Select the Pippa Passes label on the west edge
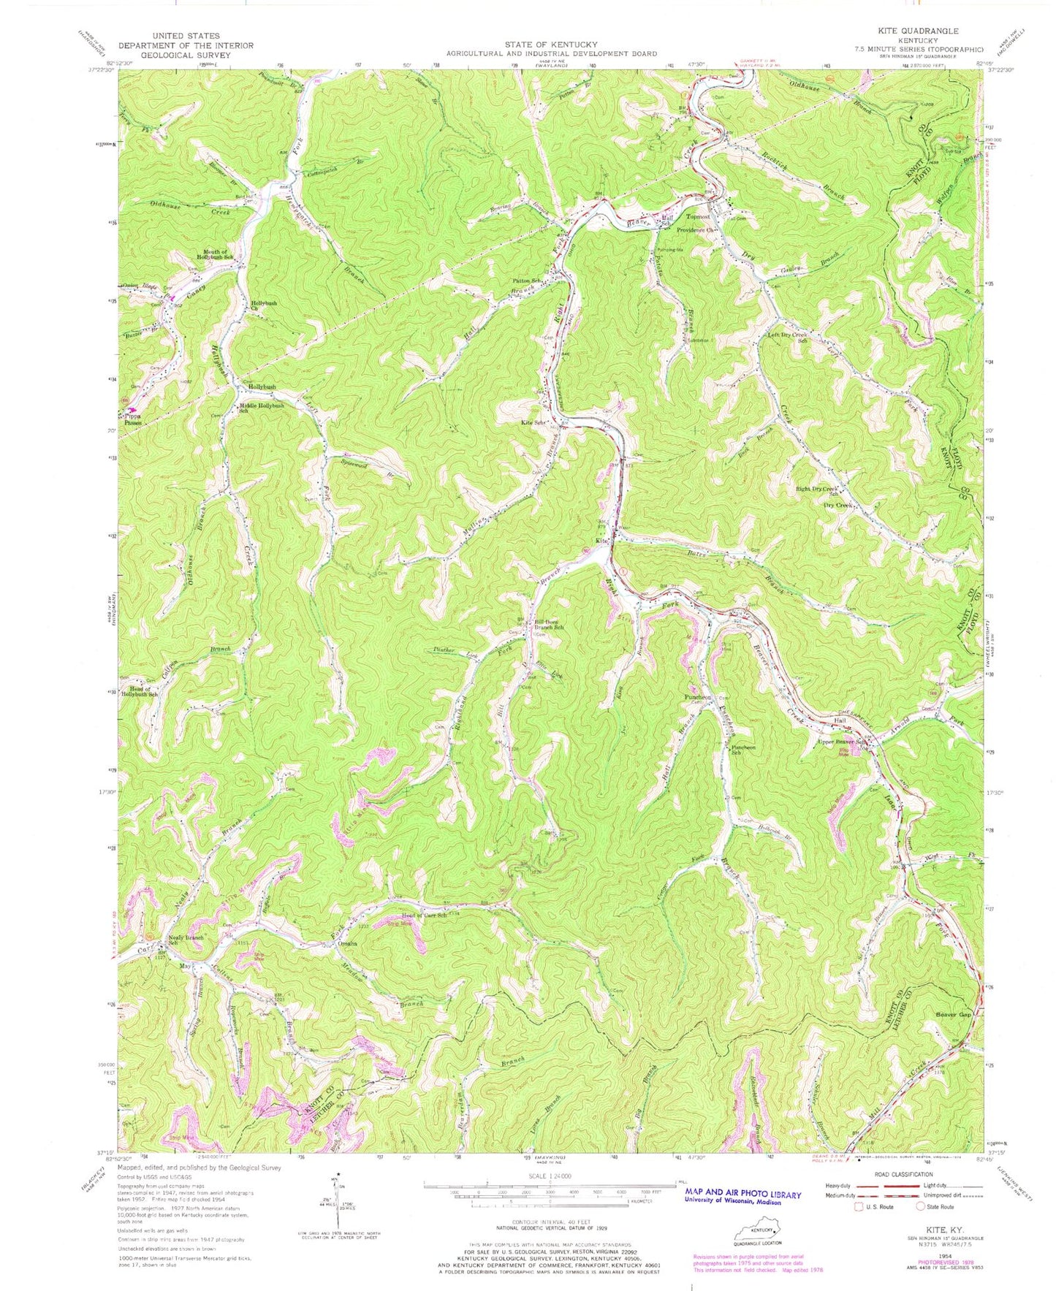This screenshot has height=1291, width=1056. [132, 418]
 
